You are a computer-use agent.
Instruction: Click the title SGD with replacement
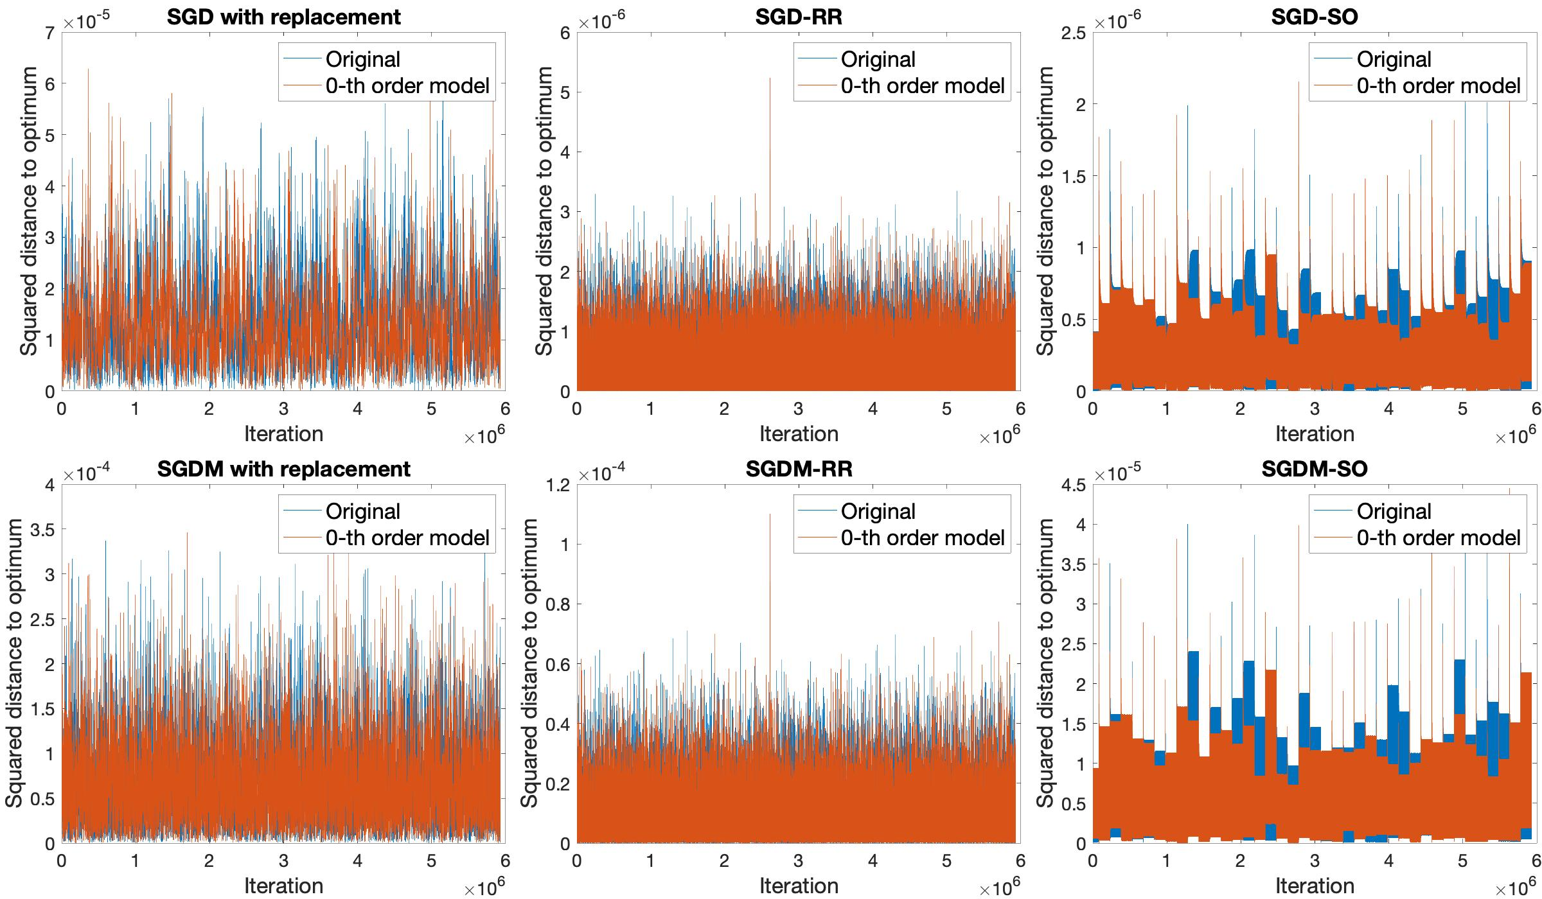coord(283,17)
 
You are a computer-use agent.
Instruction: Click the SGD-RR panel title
coord(799,17)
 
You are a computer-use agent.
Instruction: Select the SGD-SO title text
coord(1315,17)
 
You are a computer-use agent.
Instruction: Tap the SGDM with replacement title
coord(283,469)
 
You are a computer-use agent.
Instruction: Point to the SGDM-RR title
coord(799,469)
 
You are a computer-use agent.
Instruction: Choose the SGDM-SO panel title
coord(1315,469)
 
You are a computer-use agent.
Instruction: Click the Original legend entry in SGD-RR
coord(878,60)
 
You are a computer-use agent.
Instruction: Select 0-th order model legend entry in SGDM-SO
coord(1438,538)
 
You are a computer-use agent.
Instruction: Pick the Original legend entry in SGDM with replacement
coord(362,512)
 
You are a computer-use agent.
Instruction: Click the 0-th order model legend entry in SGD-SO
coord(1438,86)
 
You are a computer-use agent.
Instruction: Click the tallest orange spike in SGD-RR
coord(770,80)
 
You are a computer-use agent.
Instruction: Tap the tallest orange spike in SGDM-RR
coord(770,515)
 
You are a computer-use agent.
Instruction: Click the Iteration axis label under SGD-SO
coord(1315,434)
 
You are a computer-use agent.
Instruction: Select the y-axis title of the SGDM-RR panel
coord(529,663)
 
